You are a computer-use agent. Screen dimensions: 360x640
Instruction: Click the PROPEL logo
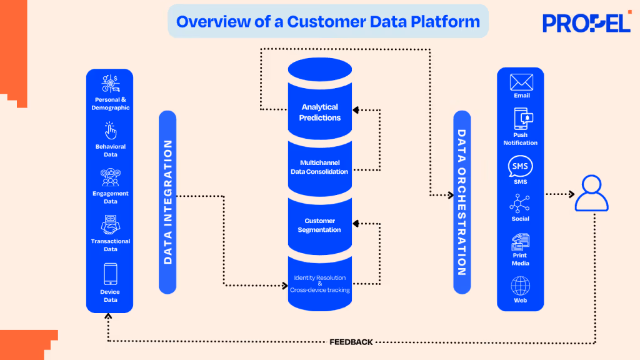586,22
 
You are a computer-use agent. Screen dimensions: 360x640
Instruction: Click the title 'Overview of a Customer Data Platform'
328,22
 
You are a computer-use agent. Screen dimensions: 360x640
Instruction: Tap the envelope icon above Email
521,82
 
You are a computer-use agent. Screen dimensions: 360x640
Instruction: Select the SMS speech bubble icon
521,167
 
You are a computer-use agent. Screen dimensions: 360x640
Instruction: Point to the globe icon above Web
521,286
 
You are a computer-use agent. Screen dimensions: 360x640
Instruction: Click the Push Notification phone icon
521,118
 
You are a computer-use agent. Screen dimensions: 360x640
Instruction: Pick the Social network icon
520,204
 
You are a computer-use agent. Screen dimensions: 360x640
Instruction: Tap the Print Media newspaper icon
521,241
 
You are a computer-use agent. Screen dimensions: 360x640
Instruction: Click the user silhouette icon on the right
591,194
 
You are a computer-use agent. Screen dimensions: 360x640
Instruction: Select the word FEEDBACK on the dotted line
351,342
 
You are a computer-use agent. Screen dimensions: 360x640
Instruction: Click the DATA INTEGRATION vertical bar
167,202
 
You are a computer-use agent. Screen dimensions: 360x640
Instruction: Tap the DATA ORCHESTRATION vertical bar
461,202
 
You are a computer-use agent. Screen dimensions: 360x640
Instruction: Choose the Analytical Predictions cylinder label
319,112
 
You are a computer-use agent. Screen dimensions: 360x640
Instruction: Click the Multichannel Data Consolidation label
319,167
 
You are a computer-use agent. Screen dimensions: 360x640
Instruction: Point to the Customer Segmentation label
319,225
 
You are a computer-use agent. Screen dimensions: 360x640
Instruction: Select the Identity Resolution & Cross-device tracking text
319,284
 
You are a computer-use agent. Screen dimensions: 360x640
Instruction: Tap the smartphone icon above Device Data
111,274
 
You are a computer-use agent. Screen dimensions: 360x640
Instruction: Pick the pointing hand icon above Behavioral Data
111,131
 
